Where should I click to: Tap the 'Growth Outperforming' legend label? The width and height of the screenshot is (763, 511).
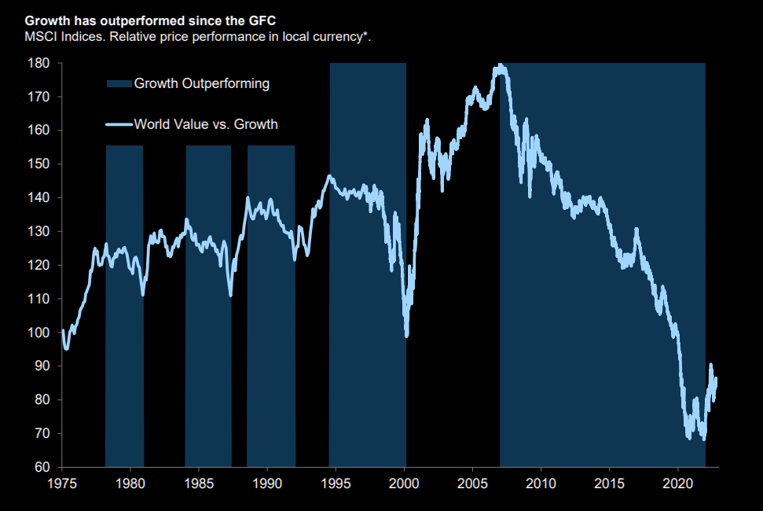[x=202, y=83]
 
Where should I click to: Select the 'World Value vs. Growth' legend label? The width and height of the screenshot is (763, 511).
[x=206, y=123]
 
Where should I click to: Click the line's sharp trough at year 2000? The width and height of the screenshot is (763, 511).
[x=406, y=335]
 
